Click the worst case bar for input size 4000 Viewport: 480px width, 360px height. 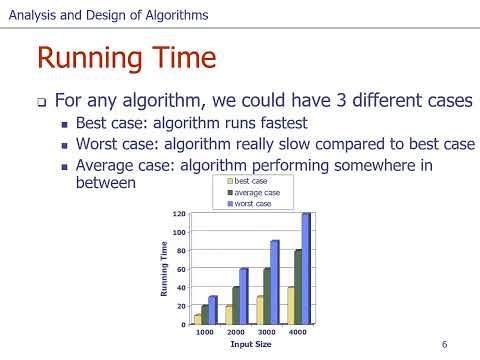click(x=306, y=268)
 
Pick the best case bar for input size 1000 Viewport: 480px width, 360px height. click(x=198, y=319)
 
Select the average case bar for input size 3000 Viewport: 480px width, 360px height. click(x=267, y=296)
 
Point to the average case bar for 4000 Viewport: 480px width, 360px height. click(x=297, y=287)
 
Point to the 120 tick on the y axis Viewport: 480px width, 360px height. click(x=180, y=214)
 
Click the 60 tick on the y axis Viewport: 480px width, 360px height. click(x=182, y=269)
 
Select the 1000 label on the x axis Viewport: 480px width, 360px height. click(x=205, y=331)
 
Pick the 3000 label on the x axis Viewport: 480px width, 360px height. click(x=267, y=331)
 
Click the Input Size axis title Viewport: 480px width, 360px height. click(x=251, y=345)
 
